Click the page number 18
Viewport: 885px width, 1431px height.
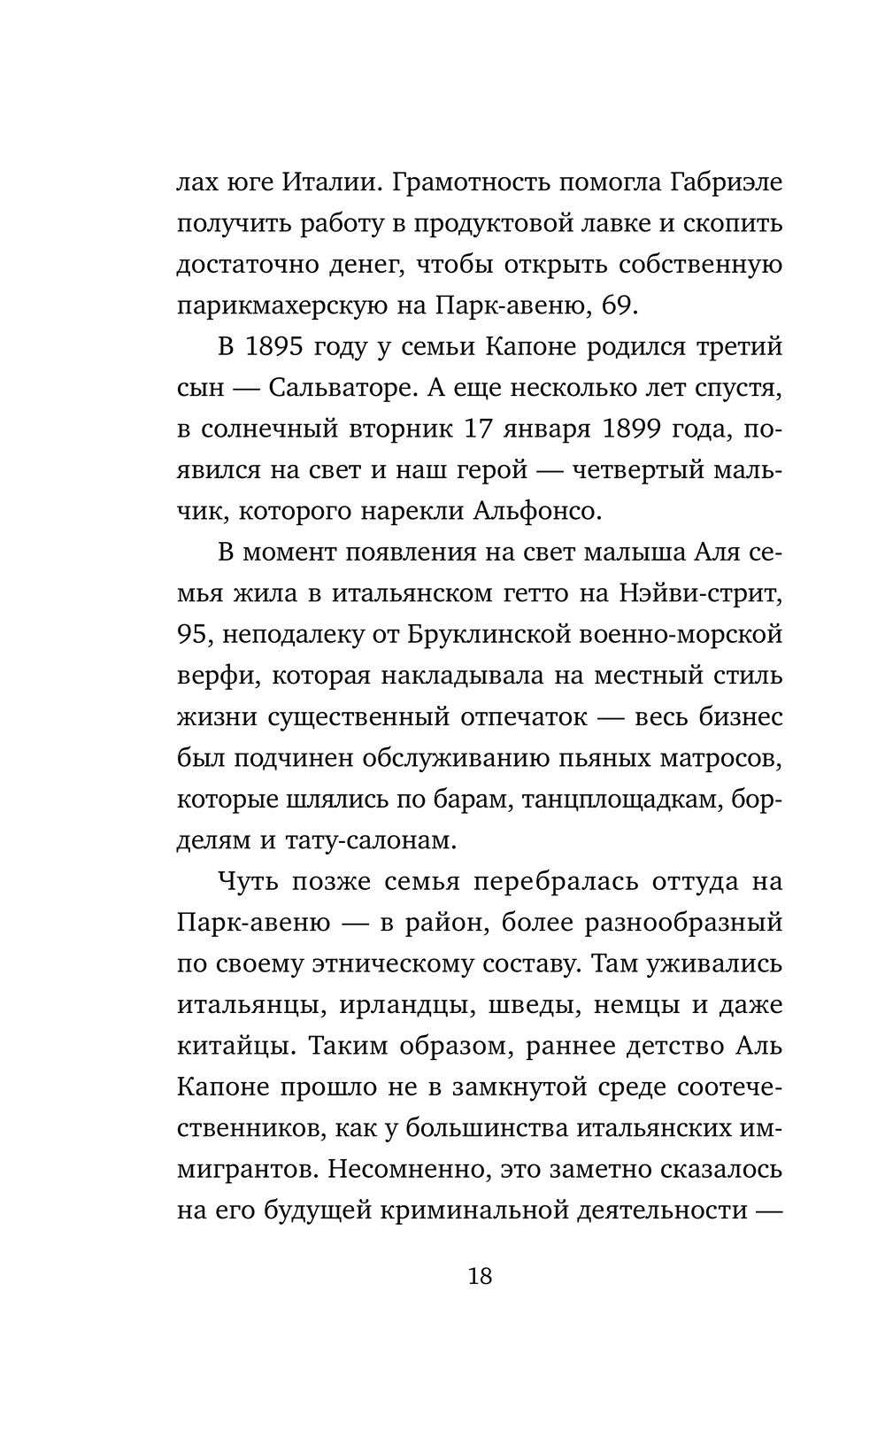pos(479,1276)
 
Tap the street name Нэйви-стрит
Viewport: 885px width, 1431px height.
pos(704,593)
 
